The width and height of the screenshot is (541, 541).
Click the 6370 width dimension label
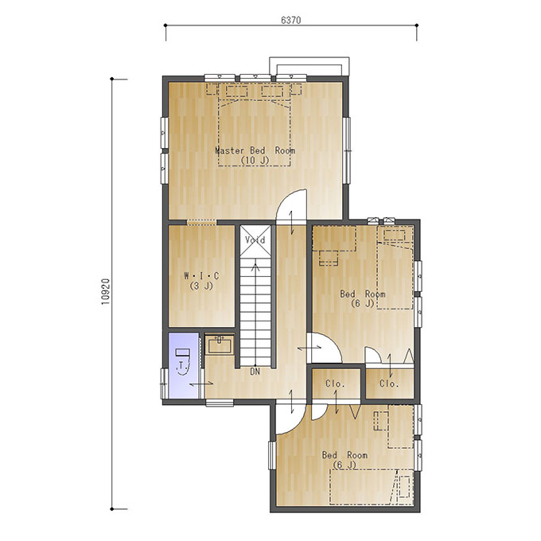(291, 21)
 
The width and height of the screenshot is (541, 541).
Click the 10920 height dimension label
(106, 291)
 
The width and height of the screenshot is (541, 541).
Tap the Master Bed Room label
(255, 150)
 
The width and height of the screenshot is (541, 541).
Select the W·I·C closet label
(201, 276)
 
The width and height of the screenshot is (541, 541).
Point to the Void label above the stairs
(255, 239)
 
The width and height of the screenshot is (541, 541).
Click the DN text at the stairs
(255, 372)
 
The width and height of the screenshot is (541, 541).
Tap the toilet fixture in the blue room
(182, 361)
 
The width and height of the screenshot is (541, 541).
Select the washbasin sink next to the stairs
(220, 344)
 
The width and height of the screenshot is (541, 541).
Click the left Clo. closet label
(336, 383)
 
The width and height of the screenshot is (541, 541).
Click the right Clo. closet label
(389, 383)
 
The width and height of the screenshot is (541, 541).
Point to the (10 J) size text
(255, 161)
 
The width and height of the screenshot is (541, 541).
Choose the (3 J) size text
(201, 286)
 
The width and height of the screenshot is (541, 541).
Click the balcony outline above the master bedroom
(309, 65)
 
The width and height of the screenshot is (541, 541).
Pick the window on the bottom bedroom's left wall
(272, 455)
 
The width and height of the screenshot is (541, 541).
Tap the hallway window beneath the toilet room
(220, 403)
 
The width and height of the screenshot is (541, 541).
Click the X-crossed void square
(255, 240)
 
